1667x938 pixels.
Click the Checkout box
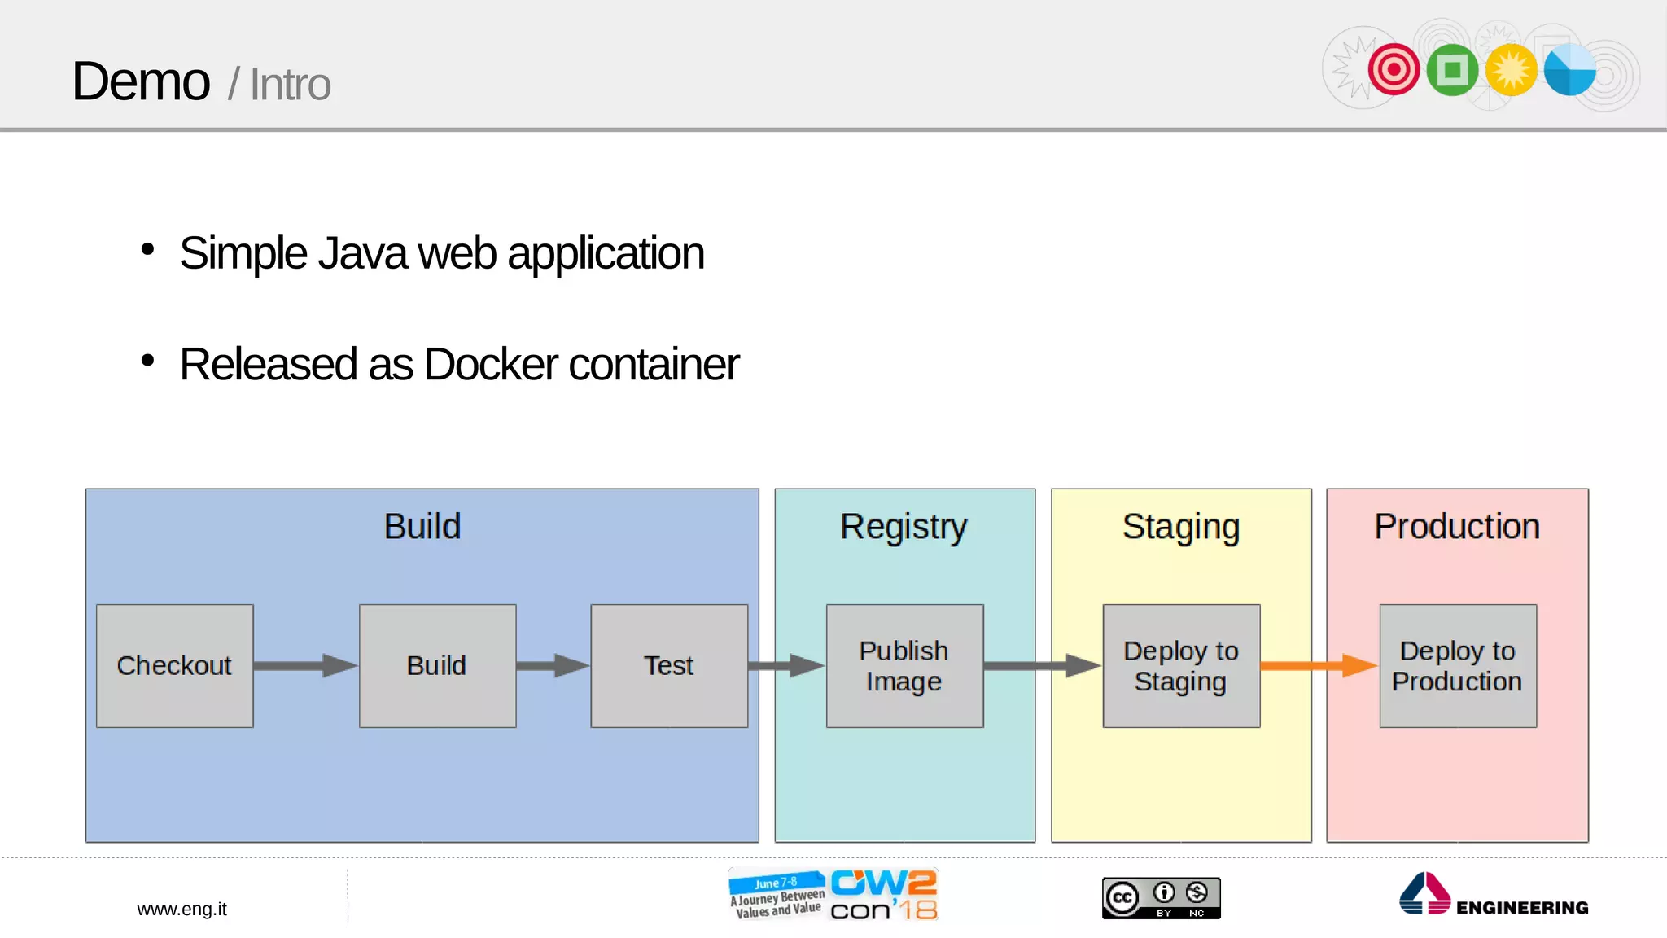(x=174, y=665)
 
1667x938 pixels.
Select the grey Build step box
(x=437, y=665)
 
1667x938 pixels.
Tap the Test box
(x=669, y=665)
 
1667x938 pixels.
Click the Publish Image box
(x=904, y=665)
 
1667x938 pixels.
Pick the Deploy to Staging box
(x=1181, y=665)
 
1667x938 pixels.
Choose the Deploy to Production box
(x=1458, y=665)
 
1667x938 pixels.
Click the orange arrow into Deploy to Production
(x=1319, y=665)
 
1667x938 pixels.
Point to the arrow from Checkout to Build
(x=305, y=665)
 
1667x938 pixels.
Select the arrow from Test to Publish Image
(x=786, y=665)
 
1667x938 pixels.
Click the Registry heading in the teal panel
(x=904, y=527)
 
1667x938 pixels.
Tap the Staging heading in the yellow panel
(x=1181, y=527)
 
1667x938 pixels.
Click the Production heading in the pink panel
(x=1457, y=527)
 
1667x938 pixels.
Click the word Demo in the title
(x=141, y=81)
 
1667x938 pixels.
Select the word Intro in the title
(x=290, y=85)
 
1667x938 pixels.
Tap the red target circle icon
(x=1394, y=70)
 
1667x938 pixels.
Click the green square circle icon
(x=1452, y=70)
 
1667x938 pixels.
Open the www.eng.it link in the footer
(x=182, y=909)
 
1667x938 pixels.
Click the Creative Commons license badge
(x=1161, y=898)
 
